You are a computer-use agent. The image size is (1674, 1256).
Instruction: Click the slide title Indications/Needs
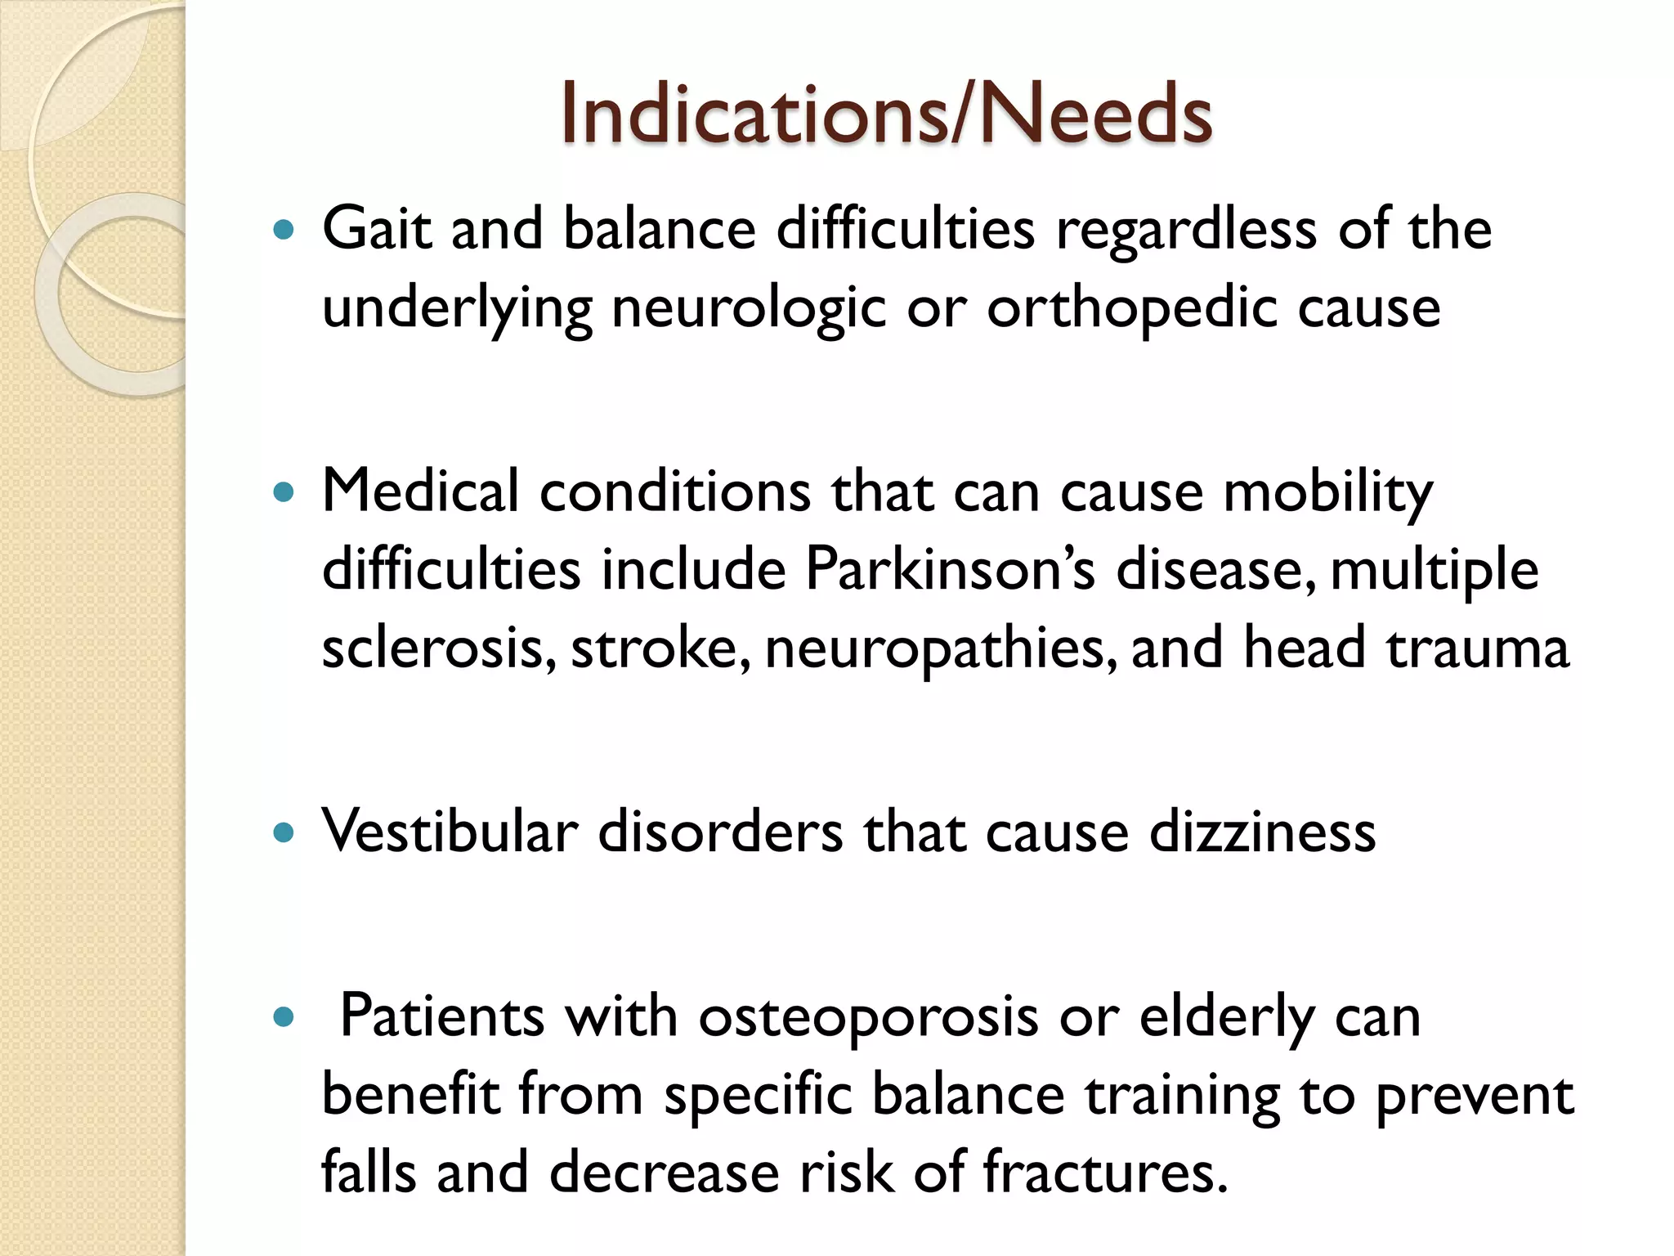click(x=886, y=114)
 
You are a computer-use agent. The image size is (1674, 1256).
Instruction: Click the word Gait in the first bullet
click(x=375, y=229)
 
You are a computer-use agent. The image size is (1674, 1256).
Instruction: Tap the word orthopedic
click(x=1131, y=309)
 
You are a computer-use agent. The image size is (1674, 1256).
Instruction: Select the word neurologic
click(x=748, y=309)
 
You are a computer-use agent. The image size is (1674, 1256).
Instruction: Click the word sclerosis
click(x=438, y=648)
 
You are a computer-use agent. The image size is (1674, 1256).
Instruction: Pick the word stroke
click(x=659, y=648)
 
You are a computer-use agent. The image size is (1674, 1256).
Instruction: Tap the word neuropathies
click(x=940, y=648)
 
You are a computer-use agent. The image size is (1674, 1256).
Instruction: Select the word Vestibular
click(x=450, y=832)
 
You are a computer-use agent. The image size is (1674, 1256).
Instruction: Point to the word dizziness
click(x=1262, y=832)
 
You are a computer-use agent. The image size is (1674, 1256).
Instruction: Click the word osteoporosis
click(x=868, y=1016)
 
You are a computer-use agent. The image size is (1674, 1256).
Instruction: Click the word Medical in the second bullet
click(x=420, y=491)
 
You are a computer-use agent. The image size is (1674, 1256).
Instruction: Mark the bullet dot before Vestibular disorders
click(x=284, y=834)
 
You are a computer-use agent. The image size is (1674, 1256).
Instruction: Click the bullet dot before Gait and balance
click(x=284, y=231)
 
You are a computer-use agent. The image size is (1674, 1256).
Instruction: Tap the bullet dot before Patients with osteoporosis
click(x=284, y=1019)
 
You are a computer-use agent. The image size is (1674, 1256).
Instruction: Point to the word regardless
click(x=1186, y=229)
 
